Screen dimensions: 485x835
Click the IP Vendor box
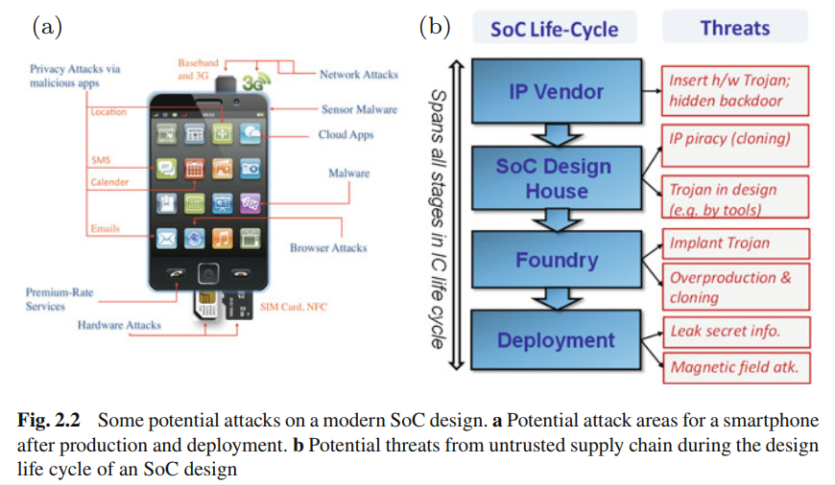pyautogui.click(x=556, y=92)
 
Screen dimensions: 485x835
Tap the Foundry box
pyautogui.click(x=556, y=260)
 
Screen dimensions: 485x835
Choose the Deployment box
pyautogui.click(x=556, y=340)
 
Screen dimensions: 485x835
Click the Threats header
pyautogui.click(x=734, y=28)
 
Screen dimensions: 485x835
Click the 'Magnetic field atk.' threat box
pyautogui.click(x=735, y=367)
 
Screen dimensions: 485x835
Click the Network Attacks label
pyautogui.click(x=358, y=75)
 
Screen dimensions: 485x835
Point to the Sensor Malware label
pyautogui.click(x=359, y=109)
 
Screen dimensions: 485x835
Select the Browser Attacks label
pyautogui.click(x=328, y=248)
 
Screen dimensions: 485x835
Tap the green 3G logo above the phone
pyautogui.click(x=253, y=82)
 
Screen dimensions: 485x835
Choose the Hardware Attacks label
pyautogui.click(x=119, y=326)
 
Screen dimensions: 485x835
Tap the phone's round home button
pyautogui.click(x=209, y=272)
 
